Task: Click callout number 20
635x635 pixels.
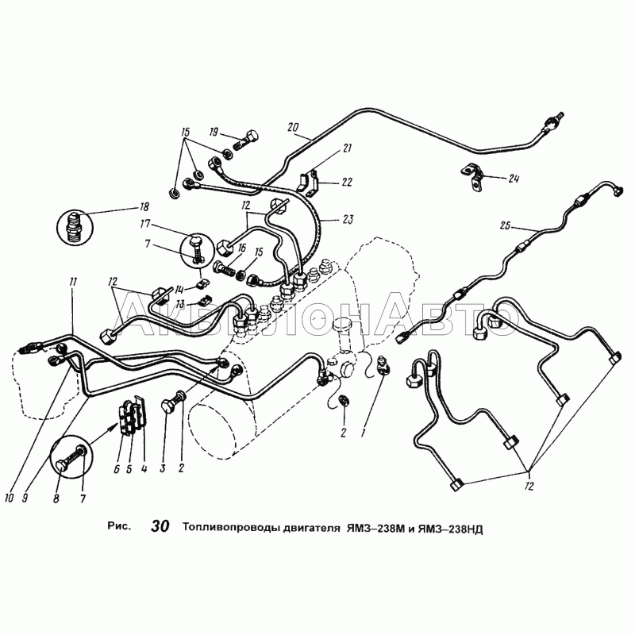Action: pos(293,127)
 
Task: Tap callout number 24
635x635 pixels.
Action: pos(513,178)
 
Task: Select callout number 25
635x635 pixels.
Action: pos(505,225)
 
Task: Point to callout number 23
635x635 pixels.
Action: pos(348,220)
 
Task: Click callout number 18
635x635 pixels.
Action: pos(144,206)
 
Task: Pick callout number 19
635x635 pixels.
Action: pos(214,132)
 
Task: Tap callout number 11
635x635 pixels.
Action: pos(73,283)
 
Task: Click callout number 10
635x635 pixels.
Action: pos(9,498)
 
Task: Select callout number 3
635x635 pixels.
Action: pos(163,468)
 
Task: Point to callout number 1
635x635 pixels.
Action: pos(364,433)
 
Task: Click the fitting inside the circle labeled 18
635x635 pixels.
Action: pos(75,228)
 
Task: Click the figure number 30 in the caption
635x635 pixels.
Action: pos(160,526)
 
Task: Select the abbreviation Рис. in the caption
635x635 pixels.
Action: pos(119,526)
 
